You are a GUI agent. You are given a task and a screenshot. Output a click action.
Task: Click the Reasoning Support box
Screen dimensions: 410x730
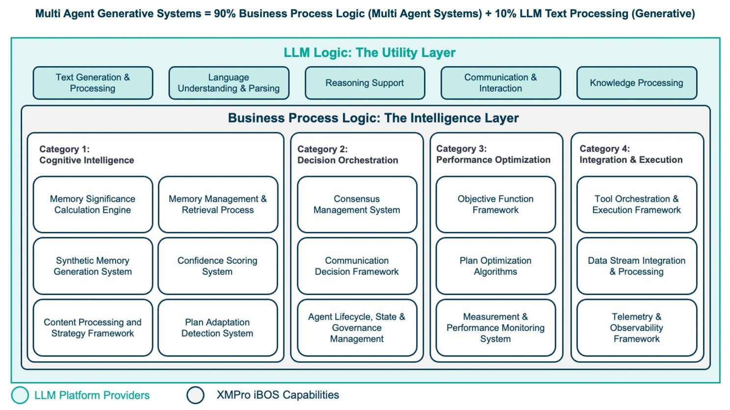(365, 83)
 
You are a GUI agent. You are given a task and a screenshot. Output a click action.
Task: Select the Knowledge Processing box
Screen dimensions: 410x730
(636, 83)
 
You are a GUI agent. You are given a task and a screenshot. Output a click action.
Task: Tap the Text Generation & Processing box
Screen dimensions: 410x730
(93, 83)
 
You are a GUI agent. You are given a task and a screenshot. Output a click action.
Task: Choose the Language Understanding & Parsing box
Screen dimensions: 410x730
(229, 83)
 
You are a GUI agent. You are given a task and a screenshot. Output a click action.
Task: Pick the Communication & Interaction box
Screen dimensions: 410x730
(500, 83)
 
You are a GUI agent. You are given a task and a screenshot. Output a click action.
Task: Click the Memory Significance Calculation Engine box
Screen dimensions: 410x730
(93, 204)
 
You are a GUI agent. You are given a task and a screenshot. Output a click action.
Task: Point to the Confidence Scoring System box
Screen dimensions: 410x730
(217, 266)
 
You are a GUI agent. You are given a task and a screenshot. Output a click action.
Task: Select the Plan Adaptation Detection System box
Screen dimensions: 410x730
(217, 328)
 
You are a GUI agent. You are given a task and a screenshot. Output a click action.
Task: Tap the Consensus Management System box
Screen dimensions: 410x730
(357, 204)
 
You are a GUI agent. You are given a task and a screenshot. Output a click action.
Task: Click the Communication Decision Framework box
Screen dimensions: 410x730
(357, 266)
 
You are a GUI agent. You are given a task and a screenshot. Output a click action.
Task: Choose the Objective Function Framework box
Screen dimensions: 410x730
(495, 204)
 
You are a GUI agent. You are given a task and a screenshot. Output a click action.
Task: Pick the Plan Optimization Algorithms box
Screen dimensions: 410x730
(495, 266)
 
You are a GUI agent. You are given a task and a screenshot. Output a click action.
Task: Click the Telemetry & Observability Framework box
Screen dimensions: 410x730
(636, 328)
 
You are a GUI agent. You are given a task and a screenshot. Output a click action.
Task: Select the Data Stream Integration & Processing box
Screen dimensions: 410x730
(636, 266)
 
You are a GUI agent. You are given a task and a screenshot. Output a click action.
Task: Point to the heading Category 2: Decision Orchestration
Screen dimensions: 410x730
(347, 155)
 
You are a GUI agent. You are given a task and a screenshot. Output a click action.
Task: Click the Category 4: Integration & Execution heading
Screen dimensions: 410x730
(630, 154)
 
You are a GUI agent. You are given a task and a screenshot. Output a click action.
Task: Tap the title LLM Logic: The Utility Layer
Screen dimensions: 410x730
(369, 53)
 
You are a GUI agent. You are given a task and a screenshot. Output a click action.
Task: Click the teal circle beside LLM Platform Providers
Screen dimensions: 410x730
(20, 395)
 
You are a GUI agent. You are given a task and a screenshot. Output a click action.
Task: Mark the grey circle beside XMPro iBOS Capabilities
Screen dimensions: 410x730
(195, 395)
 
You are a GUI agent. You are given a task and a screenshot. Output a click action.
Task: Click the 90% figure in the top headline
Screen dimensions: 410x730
(225, 14)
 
